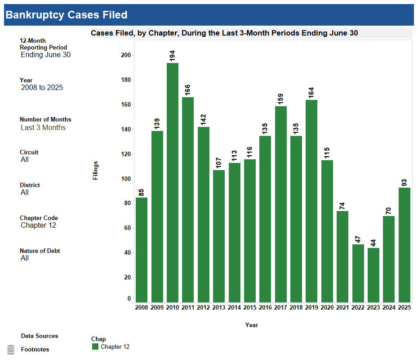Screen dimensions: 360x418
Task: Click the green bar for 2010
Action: [173, 182]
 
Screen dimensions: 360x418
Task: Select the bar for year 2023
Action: [373, 275]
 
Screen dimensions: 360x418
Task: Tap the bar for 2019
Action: [311, 201]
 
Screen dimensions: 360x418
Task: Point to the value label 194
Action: [173, 55]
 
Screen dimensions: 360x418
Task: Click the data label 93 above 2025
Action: [404, 182]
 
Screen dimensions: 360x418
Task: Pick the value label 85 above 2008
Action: [142, 192]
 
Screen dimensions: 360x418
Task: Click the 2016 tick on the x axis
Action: [265, 307]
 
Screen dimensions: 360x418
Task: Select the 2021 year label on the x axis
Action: [342, 307]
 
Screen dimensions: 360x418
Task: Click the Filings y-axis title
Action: [95, 171]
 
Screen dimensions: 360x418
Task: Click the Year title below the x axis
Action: [252, 325]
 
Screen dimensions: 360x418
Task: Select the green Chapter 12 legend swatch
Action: [95, 346]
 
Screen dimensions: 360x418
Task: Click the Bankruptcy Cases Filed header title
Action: [67, 15]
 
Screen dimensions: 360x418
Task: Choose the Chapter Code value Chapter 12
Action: [39, 225]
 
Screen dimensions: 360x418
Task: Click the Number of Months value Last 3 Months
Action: [43, 128]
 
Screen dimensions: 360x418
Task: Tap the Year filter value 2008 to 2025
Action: [42, 88]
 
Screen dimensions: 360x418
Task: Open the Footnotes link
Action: [35, 350]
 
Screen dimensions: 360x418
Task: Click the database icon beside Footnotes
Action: [11, 350]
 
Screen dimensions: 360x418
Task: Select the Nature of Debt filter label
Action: [40, 251]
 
